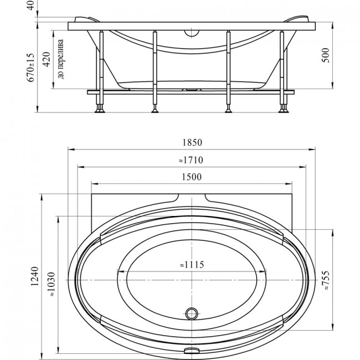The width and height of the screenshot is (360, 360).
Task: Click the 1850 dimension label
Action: coord(192,142)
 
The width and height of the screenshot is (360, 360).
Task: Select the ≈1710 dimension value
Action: coord(191,160)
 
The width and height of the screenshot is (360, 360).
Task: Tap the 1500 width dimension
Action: coord(192,177)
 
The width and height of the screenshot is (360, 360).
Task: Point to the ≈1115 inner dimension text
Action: coord(192,265)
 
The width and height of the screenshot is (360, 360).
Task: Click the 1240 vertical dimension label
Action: coord(35,276)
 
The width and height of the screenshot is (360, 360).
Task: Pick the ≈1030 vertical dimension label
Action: coord(52,284)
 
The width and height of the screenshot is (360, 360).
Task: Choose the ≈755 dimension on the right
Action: coord(326,281)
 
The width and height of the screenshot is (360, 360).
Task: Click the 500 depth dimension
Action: coord(326,55)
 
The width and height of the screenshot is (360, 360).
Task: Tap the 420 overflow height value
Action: coord(47,59)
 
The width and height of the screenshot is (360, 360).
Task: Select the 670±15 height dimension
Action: coord(31,68)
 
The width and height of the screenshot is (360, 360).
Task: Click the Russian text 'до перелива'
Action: coord(60,59)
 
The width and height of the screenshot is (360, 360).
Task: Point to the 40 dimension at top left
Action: coord(31,5)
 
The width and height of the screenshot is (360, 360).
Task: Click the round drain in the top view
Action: coord(192,313)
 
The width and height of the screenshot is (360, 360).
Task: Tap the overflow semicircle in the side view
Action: coord(192,34)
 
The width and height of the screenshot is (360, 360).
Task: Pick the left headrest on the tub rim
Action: coord(87,19)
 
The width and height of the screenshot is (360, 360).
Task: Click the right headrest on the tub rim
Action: coord(297,19)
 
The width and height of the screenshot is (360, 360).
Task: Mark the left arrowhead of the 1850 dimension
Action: coord(71,150)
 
